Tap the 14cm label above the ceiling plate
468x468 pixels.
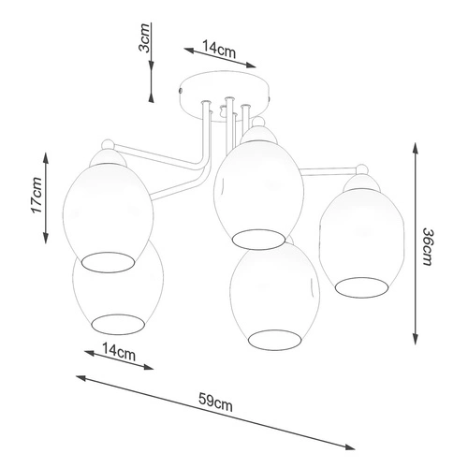click(220, 50)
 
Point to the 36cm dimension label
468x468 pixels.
click(428, 248)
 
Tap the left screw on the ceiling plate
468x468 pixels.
click(180, 90)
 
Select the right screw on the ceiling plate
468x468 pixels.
click(271, 92)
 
